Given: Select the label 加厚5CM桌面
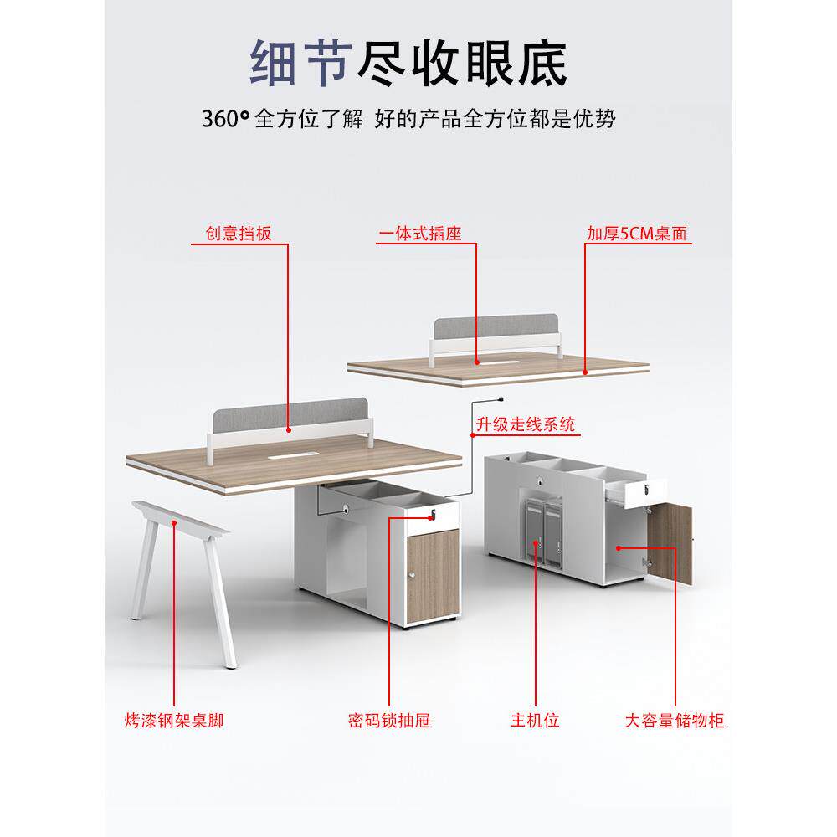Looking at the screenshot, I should tap(636, 234).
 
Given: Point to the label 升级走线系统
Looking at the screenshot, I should tap(526, 425).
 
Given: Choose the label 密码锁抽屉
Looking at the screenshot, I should tap(388, 719).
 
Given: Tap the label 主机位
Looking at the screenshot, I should tap(535, 719).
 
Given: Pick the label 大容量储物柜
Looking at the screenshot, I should tap(674, 719).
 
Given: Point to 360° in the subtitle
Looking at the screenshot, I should tap(225, 119).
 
